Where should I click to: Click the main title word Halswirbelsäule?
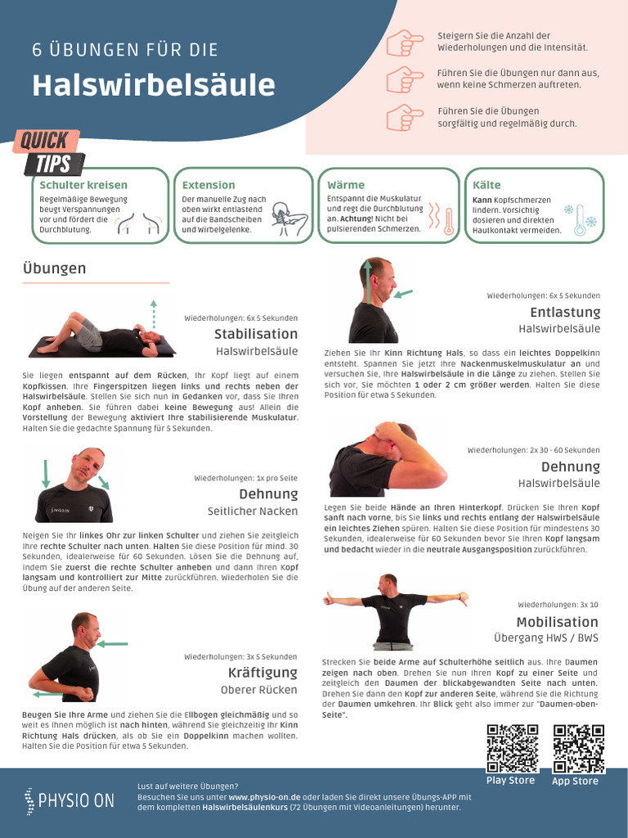(x=154, y=85)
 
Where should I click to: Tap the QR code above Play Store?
(x=512, y=748)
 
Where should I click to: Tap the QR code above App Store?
(x=578, y=748)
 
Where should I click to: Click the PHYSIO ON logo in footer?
(x=70, y=800)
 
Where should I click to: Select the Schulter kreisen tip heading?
(x=83, y=185)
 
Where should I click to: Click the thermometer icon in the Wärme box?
(x=448, y=222)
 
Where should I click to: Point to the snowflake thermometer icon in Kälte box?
(x=581, y=219)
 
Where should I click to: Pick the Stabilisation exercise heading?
(x=256, y=334)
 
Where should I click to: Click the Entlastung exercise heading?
(x=565, y=312)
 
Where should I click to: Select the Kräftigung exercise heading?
(x=262, y=673)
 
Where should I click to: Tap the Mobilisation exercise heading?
(x=557, y=622)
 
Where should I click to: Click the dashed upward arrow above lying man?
(x=153, y=313)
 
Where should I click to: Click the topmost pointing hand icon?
(x=405, y=43)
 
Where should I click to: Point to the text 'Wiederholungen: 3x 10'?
(x=558, y=605)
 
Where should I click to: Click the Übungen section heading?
(x=54, y=268)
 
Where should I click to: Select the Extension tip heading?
(x=209, y=185)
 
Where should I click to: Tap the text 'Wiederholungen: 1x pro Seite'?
(x=245, y=478)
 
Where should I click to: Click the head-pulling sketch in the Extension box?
(x=289, y=219)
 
